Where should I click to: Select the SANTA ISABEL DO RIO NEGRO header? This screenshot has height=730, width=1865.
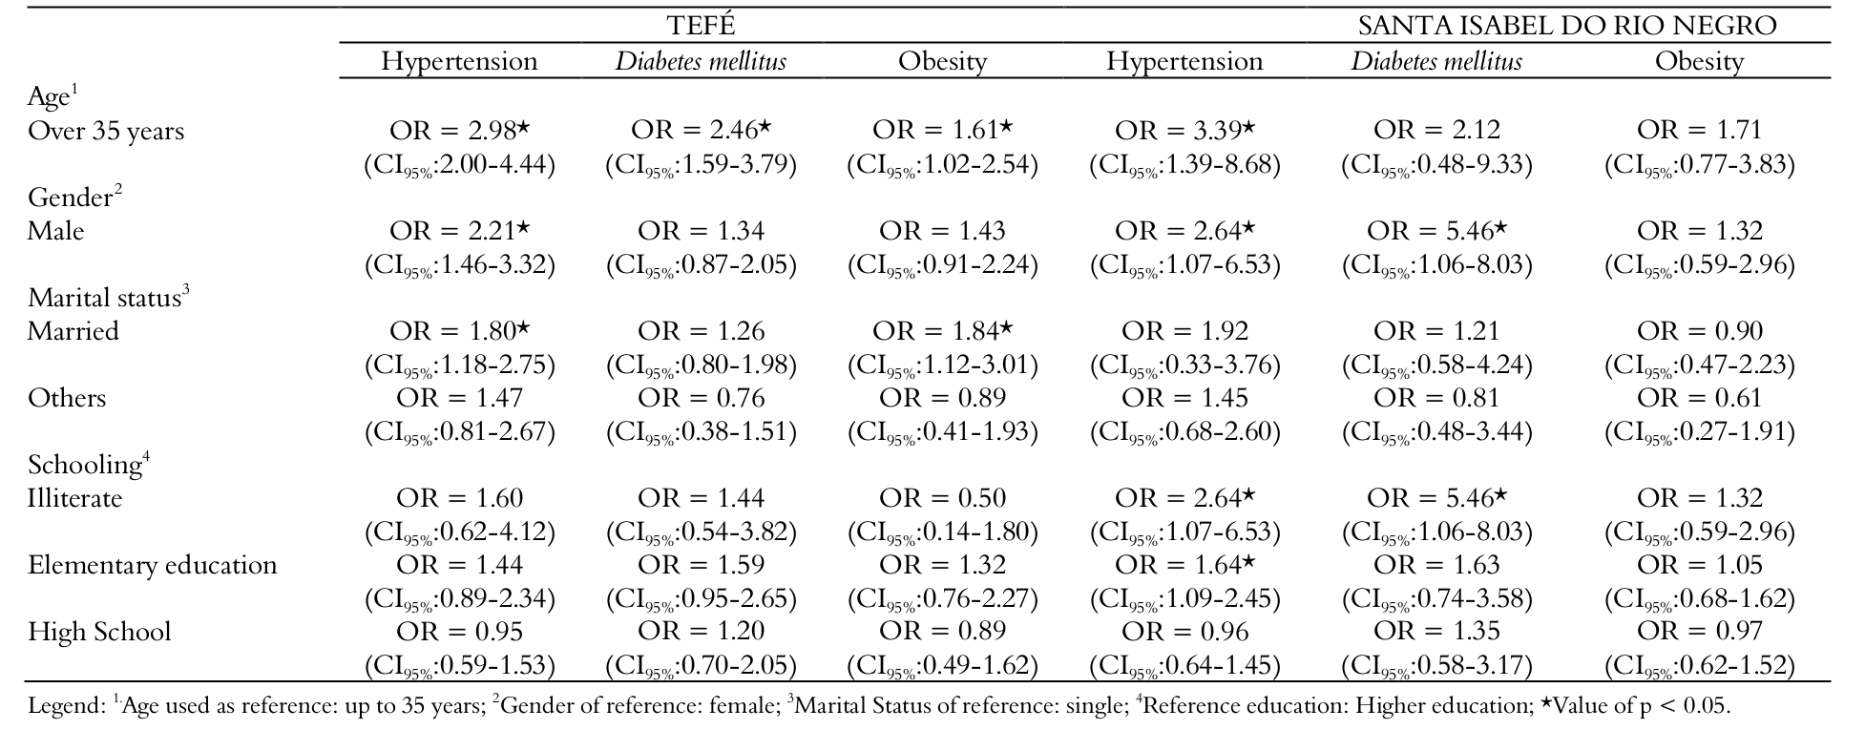[1567, 26]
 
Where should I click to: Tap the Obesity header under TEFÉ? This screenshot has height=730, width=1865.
[943, 62]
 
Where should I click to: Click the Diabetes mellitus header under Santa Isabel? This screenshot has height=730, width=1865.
[1436, 62]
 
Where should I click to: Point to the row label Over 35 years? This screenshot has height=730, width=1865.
[106, 131]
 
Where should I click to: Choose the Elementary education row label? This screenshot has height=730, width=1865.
[153, 565]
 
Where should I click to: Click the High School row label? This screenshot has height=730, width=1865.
[99, 632]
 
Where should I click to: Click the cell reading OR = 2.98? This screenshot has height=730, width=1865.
[459, 130]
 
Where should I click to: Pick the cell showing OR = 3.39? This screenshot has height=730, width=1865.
[1184, 130]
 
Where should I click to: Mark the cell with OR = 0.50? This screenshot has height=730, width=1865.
[942, 498]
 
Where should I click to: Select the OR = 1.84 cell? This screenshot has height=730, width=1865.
[942, 331]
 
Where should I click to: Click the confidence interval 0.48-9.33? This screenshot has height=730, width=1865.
[1436, 165]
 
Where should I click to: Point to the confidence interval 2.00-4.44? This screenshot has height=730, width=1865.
[459, 165]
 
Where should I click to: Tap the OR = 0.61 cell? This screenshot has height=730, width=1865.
[1699, 398]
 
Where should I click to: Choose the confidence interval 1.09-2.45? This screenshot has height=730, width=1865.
[1184, 599]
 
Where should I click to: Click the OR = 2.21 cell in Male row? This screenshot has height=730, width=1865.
[459, 231]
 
